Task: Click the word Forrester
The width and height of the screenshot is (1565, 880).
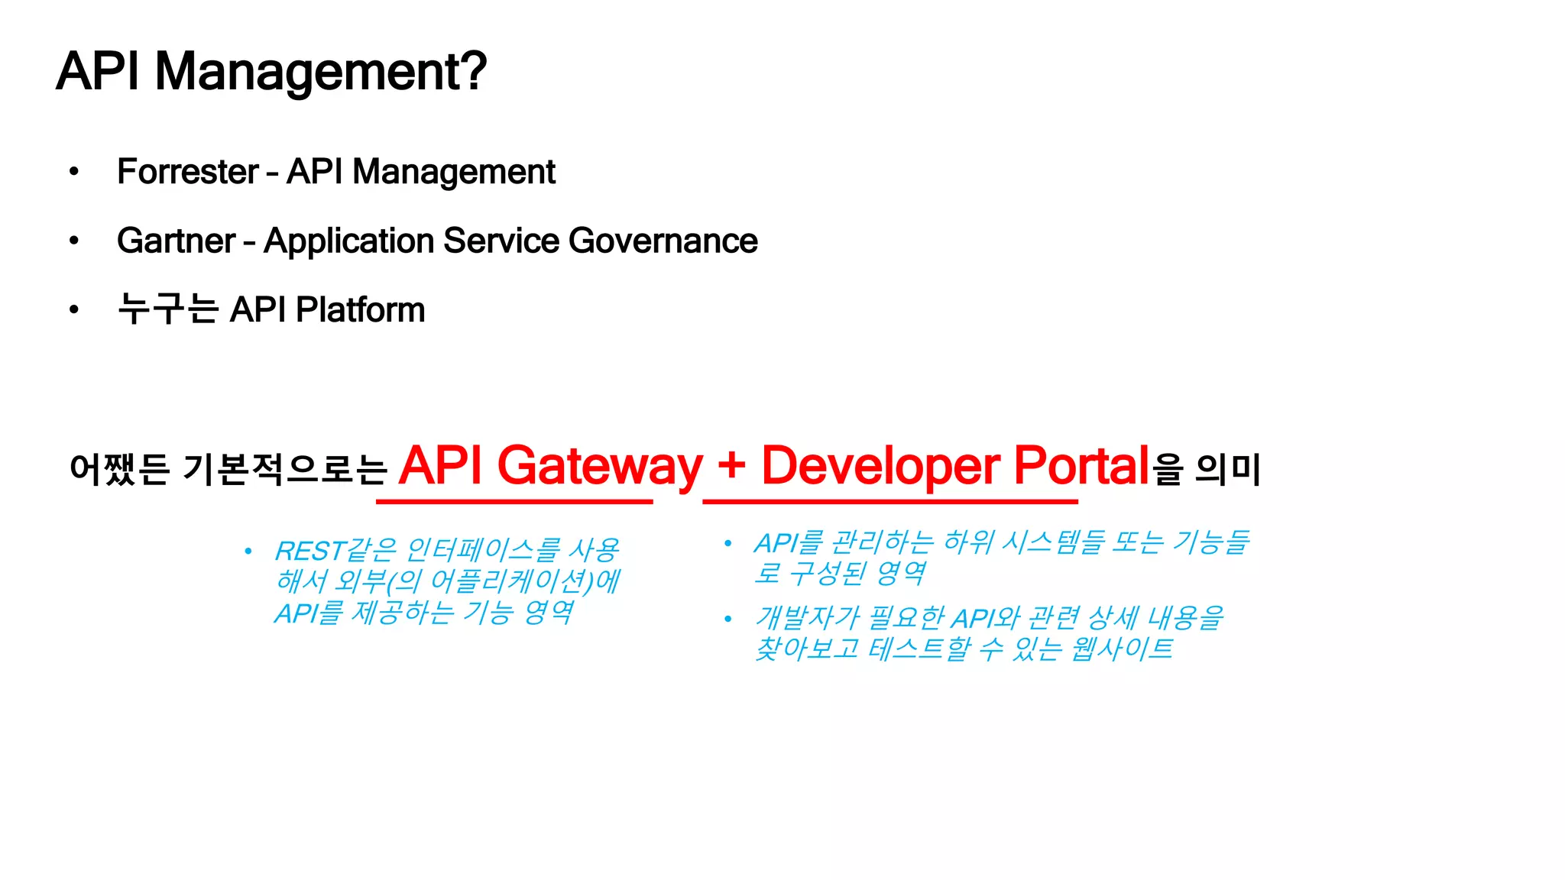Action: coord(188,172)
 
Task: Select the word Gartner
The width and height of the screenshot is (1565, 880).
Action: coord(176,241)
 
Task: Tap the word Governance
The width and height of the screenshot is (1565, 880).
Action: coord(663,241)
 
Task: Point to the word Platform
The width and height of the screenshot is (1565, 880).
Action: coord(360,310)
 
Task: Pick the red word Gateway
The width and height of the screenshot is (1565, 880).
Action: coord(600,466)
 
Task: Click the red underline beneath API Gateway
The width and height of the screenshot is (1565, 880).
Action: coord(514,502)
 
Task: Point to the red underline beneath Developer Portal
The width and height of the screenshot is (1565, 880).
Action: coord(890,502)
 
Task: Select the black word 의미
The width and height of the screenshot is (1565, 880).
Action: coord(1228,469)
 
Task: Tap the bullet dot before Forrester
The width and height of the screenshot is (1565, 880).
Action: coord(74,172)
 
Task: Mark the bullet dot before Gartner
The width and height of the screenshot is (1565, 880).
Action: coord(74,241)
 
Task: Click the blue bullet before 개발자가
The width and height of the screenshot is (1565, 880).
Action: coord(728,619)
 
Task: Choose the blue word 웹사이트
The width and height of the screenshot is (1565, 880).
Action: coord(1121,649)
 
